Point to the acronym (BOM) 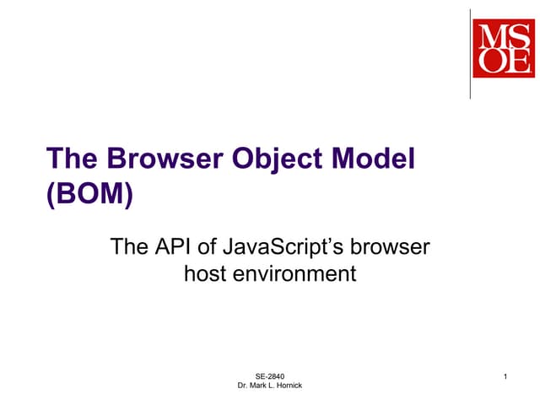89,194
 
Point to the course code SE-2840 270,375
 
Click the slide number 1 504,375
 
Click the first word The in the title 69,159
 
